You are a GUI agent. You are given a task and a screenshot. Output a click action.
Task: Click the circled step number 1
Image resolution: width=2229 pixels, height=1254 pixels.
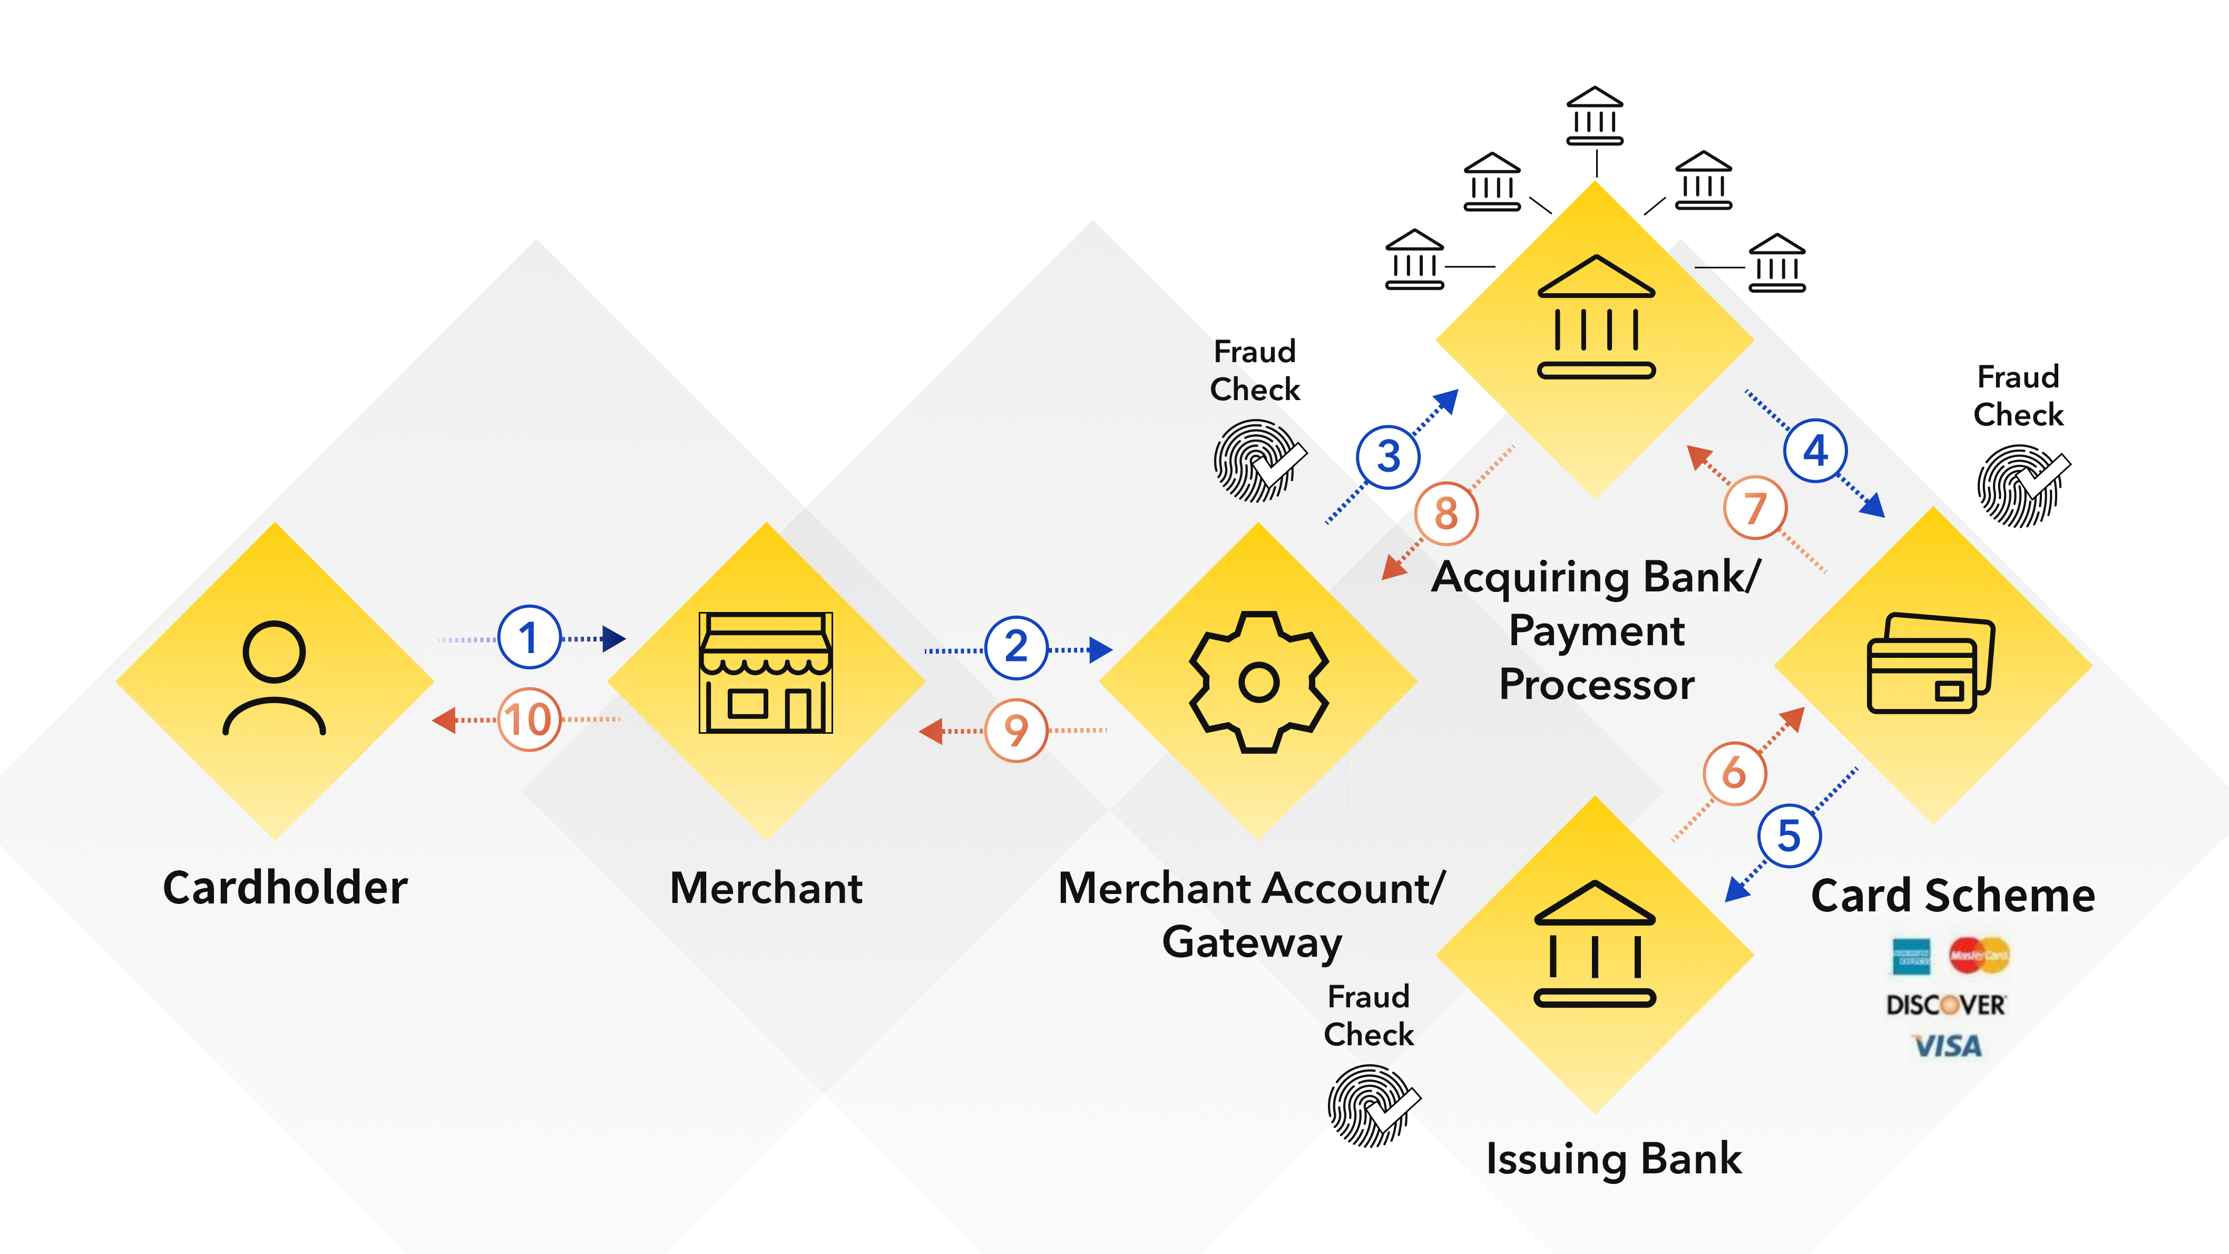click(529, 638)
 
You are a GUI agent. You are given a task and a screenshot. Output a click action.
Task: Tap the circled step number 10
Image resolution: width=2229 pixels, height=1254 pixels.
click(529, 719)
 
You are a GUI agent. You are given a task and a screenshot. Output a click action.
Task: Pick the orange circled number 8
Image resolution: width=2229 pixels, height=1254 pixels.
click(1446, 513)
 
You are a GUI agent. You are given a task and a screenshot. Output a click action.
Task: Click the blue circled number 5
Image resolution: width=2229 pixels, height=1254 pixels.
click(1788, 836)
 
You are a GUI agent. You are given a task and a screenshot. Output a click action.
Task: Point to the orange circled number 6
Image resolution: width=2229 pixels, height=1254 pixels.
click(1734, 773)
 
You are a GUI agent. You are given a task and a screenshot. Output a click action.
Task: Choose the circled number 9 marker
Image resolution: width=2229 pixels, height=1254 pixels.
click(1016, 731)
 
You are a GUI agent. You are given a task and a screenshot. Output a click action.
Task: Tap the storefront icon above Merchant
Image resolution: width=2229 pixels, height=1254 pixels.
click(766, 673)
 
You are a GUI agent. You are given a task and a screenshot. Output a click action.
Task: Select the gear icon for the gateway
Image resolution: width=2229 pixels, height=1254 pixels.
click(1259, 682)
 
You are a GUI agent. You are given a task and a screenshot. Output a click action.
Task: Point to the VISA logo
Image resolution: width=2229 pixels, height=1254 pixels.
click(1947, 1046)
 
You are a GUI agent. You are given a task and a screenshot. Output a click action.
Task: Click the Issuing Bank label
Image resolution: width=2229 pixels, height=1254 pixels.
click(1614, 1159)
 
